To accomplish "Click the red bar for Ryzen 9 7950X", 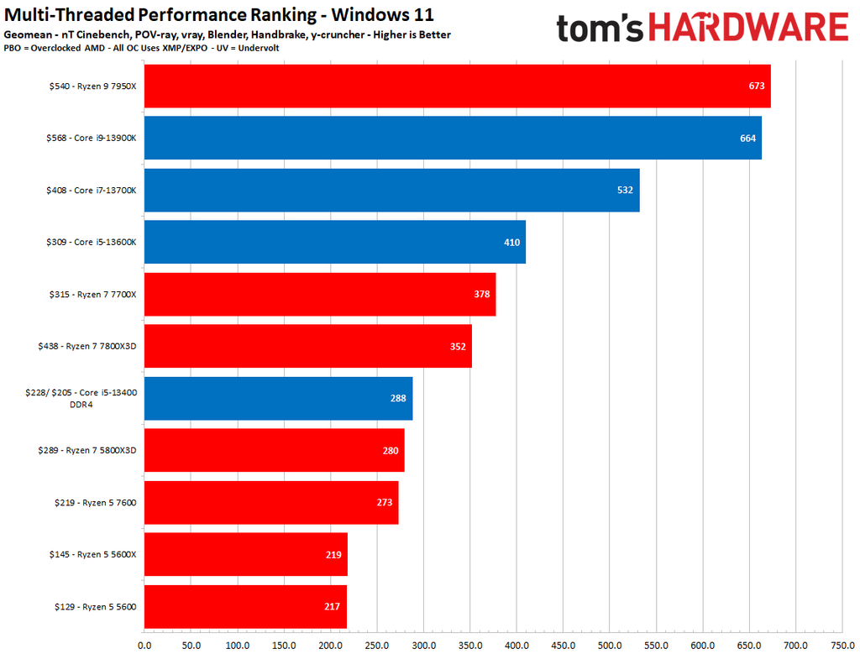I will click(x=457, y=86).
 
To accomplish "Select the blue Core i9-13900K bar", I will click(x=453, y=138).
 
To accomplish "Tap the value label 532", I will click(x=625, y=191).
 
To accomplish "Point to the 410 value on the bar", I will click(x=511, y=243).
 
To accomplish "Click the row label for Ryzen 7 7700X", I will click(x=92, y=294).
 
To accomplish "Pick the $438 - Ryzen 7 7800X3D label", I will click(x=87, y=346).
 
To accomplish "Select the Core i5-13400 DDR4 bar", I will click(x=278, y=398).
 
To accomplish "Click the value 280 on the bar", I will click(x=391, y=451).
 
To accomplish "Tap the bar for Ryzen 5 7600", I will click(x=271, y=502).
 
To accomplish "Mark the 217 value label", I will click(x=333, y=607).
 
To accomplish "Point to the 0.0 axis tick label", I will click(x=144, y=646).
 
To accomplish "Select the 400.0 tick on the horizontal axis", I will click(x=517, y=646).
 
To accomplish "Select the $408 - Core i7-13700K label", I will click(x=91, y=190).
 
